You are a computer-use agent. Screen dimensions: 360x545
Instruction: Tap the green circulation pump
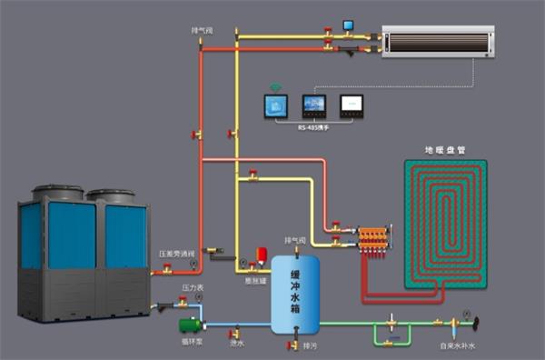tap(189, 324)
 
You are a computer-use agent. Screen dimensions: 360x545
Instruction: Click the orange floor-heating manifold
tap(373, 240)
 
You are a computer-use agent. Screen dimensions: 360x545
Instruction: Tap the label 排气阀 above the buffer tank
tap(295, 240)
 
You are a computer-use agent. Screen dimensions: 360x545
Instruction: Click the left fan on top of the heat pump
tap(58, 193)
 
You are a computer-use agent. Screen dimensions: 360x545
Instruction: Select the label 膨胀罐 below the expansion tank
tap(254, 280)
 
